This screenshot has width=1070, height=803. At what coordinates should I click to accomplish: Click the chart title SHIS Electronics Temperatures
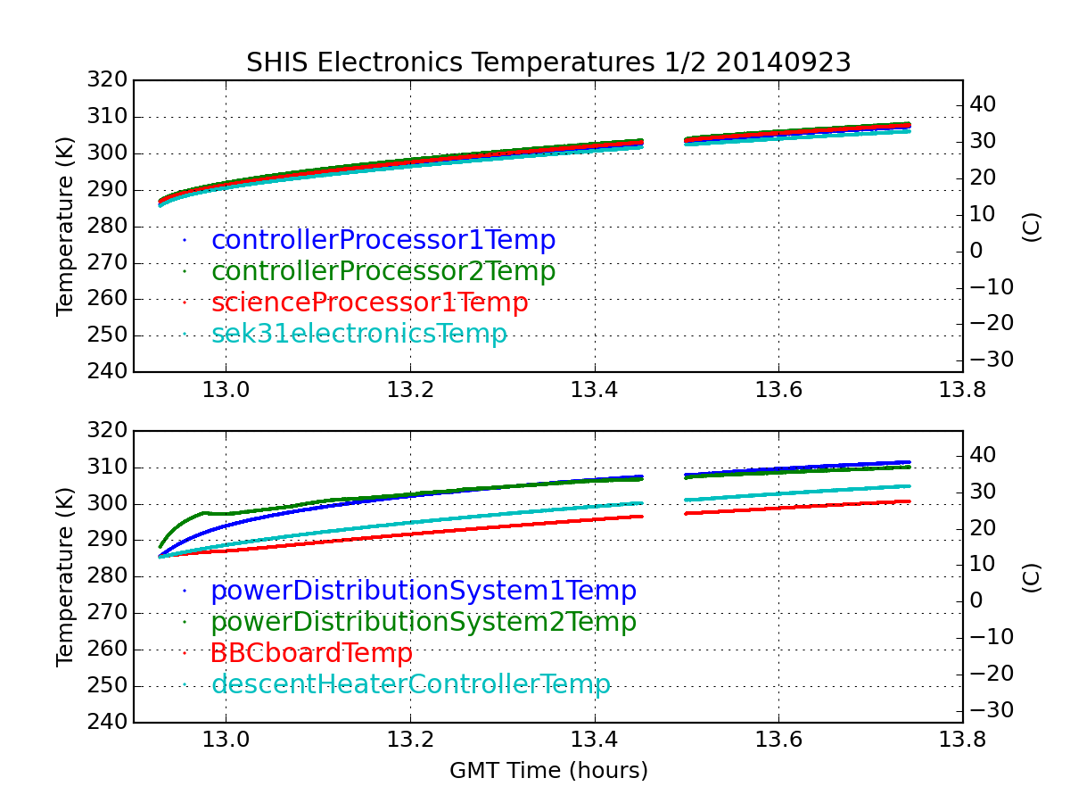pyautogui.click(x=548, y=62)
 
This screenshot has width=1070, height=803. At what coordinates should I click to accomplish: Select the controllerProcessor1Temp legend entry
pyautogui.click(x=383, y=240)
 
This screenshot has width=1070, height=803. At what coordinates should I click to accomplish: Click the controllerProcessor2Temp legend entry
pyautogui.click(x=383, y=271)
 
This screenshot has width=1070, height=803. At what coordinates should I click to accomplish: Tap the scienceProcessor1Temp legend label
pyautogui.click(x=369, y=302)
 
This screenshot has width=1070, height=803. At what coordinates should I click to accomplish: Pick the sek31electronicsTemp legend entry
pyautogui.click(x=359, y=334)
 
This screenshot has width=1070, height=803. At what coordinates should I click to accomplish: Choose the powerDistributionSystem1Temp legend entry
pyautogui.click(x=424, y=591)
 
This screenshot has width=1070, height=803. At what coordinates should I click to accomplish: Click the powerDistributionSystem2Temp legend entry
pyautogui.click(x=424, y=622)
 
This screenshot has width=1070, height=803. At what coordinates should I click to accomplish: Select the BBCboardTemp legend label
pyautogui.click(x=311, y=653)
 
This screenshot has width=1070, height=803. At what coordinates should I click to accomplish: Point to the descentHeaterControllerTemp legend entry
pyautogui.click(x=411, y=684)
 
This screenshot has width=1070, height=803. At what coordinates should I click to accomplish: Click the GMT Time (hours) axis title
pyautogui.click(x=548, y=770)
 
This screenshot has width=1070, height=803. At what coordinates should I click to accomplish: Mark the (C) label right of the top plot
pyautogui.click(x=1031, y=227)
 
